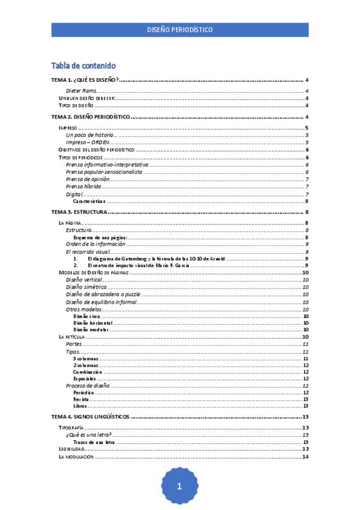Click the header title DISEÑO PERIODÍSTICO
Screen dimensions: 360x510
[180, 29]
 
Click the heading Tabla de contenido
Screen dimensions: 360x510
[84, 66]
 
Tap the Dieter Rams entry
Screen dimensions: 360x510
[82, 90]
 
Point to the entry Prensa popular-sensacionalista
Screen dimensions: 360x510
[104, 172]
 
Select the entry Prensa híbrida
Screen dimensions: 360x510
[84, 186]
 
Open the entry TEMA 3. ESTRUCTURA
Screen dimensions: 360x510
[79, 212]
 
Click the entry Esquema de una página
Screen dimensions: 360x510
[100, 238]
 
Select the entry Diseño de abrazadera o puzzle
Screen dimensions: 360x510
[103, 295]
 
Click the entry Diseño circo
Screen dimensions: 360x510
[87, 316]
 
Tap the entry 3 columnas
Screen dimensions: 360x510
[85, 358]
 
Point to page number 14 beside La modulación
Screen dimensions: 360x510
[305, 456]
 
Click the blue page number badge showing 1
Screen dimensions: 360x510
[179, 487]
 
